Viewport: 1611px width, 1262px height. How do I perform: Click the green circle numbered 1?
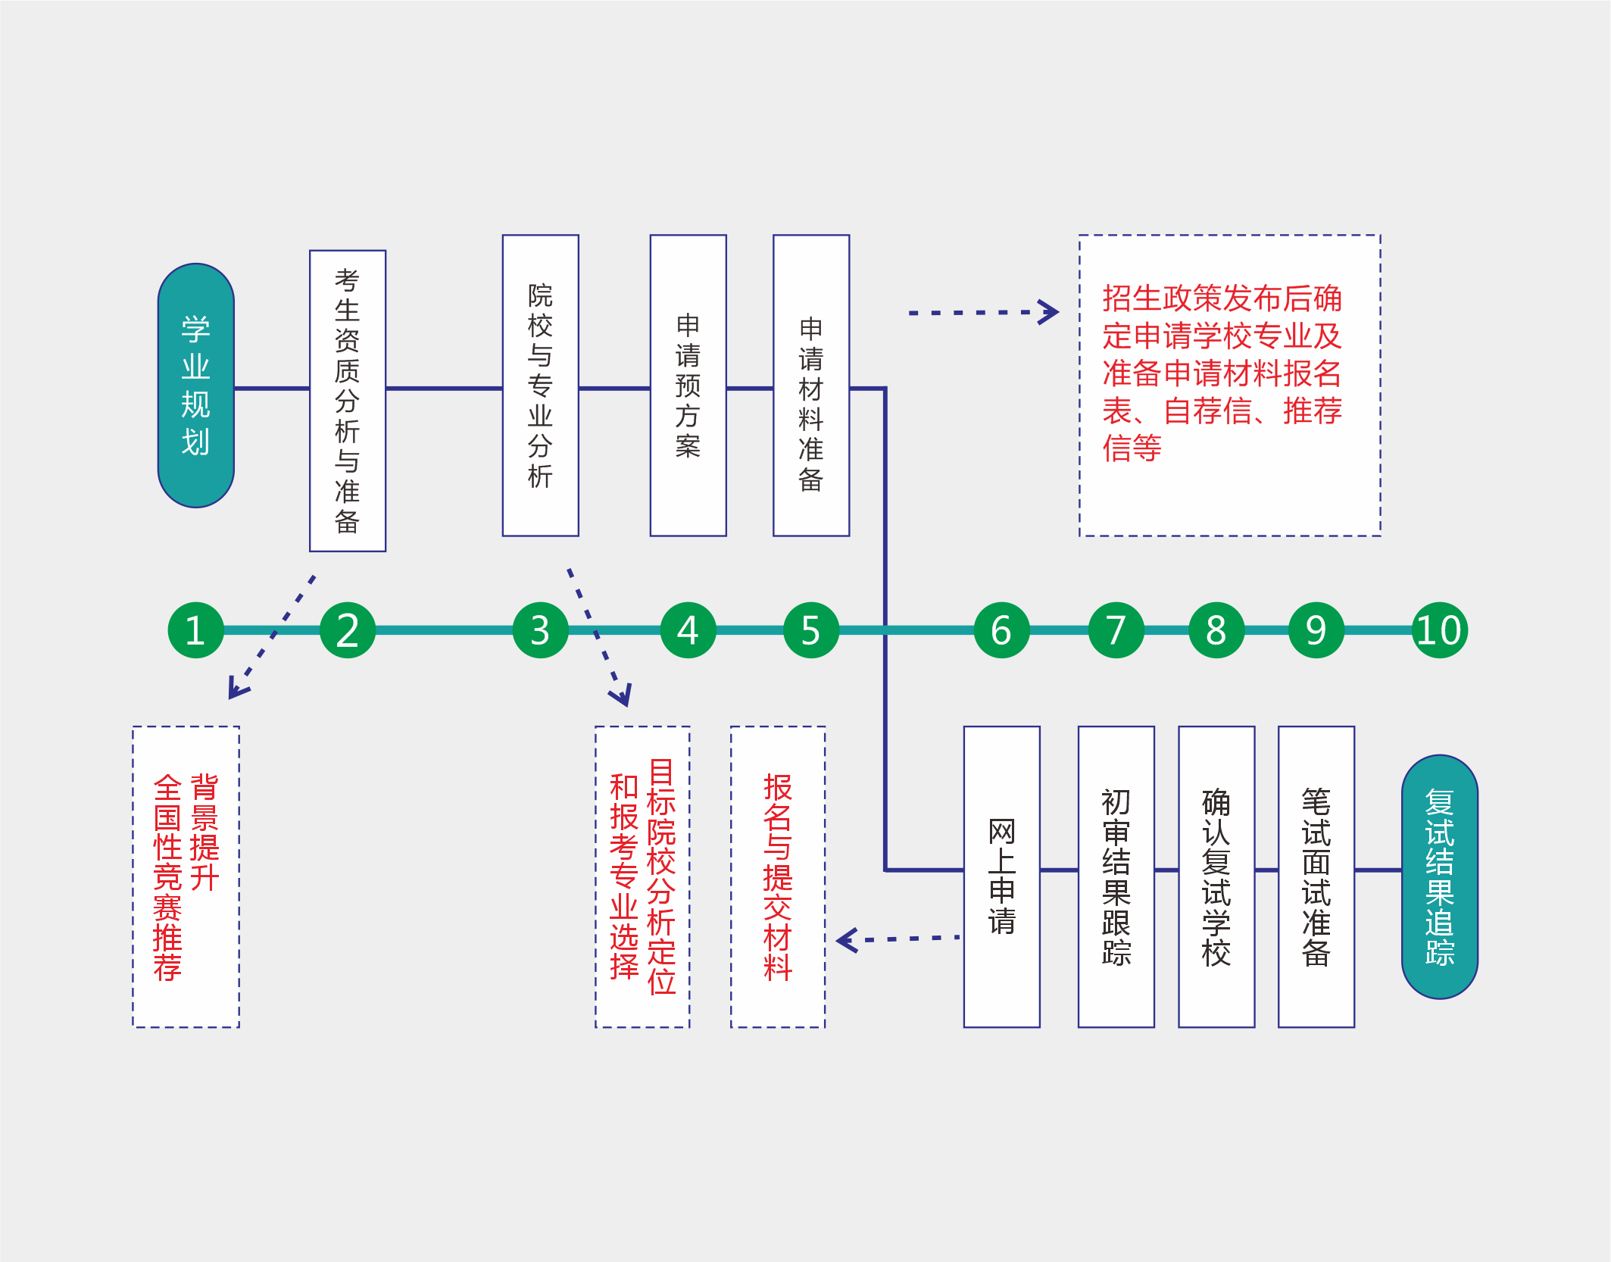195,630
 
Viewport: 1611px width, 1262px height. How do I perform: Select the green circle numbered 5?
810,630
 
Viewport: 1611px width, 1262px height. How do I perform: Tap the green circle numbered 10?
1439,630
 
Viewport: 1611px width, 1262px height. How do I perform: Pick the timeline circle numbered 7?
1116,630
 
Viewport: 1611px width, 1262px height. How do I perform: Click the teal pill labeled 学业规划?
196,386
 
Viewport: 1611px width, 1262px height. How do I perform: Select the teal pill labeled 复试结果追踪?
1440,876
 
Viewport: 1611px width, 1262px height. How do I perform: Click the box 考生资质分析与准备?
348,401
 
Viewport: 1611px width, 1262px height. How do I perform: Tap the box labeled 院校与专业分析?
541,386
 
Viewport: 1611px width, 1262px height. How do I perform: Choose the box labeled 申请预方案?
688,386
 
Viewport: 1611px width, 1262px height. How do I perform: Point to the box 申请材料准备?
811,386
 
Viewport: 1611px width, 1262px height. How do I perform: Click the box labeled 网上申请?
1002,876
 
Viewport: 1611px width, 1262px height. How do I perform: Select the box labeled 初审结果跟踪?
1116,876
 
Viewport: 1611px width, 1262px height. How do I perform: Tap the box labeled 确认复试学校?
1216,876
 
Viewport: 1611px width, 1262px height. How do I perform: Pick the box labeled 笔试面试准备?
1316,876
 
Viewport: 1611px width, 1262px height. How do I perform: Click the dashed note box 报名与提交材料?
778,876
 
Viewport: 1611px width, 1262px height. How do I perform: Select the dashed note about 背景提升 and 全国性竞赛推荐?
186,876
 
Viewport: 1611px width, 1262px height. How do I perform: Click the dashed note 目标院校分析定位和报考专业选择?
642,876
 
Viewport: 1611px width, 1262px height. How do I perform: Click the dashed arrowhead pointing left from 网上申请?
846,940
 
